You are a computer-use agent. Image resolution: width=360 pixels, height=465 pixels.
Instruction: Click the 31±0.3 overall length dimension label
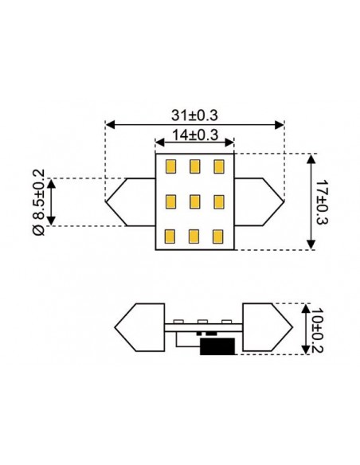coord(195,115)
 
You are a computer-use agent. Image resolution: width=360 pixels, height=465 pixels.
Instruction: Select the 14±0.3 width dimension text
coord(195,135)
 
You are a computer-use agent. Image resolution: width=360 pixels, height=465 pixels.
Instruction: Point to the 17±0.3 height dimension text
coord(322,202)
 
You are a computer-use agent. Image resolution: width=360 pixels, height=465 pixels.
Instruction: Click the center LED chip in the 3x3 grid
coord(195,201)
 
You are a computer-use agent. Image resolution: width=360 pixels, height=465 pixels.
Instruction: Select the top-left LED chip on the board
coord(170,167)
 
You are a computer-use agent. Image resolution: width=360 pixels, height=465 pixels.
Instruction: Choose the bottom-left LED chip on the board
coord(170,236)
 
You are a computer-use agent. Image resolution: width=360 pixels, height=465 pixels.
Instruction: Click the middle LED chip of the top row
coord(195,167)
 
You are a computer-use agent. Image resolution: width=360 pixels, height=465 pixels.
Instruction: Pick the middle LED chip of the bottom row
coord(195,236)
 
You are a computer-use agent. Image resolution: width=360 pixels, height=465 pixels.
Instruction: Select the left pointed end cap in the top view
coord(130,202)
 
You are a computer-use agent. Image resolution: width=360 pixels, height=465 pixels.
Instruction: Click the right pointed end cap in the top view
coord(260,202)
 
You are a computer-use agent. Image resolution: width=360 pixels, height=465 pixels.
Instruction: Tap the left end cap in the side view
coord(139,327)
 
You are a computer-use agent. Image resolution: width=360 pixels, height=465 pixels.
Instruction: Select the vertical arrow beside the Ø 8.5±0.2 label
coord(52,202)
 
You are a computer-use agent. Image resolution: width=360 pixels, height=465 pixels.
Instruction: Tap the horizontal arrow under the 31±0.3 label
coord(195,125)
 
